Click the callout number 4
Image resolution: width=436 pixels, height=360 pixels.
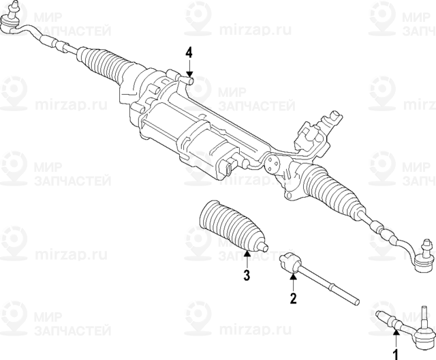click(189, 53)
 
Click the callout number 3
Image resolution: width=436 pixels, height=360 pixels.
click(247, 275)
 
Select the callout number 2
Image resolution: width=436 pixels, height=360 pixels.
click(293, 299)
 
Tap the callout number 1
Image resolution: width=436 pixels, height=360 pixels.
click(395, 355)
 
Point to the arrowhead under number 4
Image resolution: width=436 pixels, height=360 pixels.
click(189, 74)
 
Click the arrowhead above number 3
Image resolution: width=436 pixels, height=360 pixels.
click(247, 253)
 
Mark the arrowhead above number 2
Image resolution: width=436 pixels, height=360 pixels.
click(293, 276)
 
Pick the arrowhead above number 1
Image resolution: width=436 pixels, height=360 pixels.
click(396, 331)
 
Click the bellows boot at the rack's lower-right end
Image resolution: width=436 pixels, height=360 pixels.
click(334, 189)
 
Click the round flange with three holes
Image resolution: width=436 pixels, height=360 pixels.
click(271, 164)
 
